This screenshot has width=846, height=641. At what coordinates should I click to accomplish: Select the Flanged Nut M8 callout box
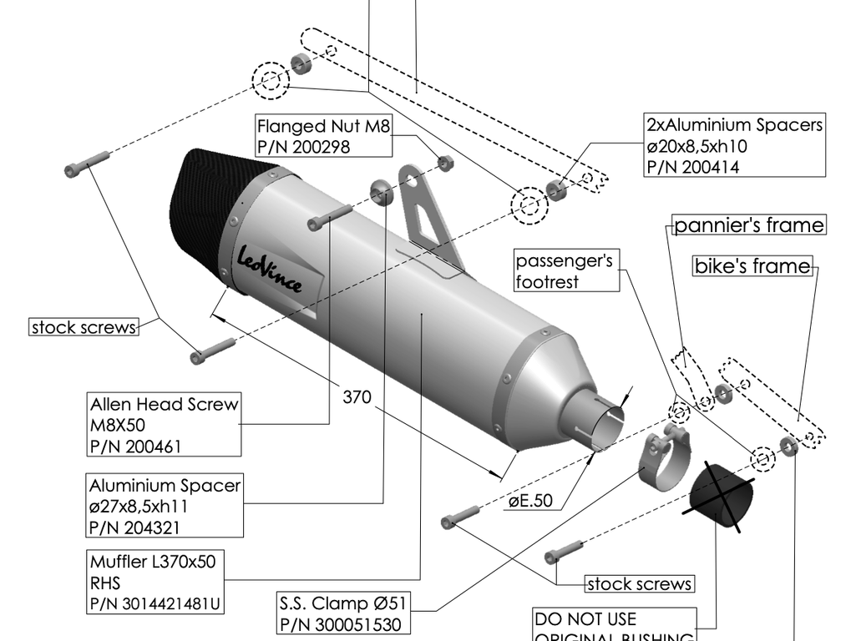point(323,136)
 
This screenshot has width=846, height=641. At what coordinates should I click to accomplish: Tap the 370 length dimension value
point(357,397)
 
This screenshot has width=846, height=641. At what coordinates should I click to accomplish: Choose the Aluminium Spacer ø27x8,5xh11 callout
point(165,506)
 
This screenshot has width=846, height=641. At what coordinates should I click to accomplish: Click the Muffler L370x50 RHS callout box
point(156,582)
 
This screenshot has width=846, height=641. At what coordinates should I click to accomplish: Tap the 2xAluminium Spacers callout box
point(734,145)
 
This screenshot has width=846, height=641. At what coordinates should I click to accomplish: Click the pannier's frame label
point(748,225)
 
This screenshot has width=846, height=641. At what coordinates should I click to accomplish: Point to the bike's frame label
point(752,266)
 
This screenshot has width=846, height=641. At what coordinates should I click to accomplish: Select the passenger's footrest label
point(565,271)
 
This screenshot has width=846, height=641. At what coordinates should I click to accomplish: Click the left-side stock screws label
point(84,327)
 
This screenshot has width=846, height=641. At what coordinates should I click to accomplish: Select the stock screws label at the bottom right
point(639,583)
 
